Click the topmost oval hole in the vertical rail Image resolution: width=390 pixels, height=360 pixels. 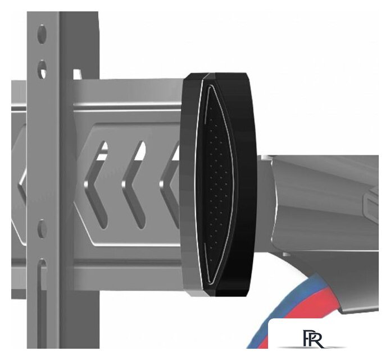pos(42,34)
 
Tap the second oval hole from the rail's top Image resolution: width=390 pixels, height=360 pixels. pos(42,69)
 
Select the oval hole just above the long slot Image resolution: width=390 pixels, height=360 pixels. pos(42,229)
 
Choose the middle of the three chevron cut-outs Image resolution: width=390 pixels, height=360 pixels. pos(134,184)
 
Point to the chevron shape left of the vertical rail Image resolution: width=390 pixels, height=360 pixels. pos(22,186)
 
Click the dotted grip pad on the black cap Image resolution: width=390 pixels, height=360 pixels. pos(217,184)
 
